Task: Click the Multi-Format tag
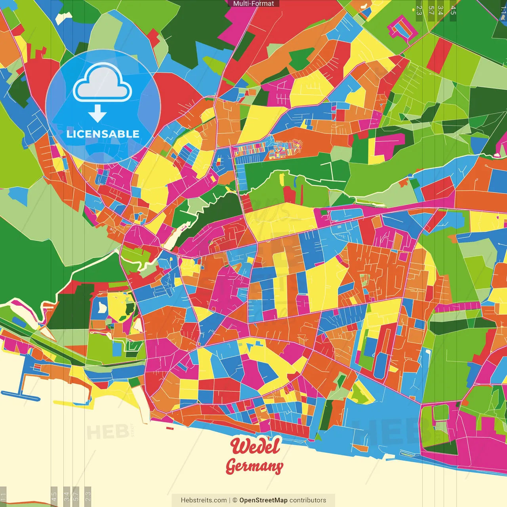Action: coord(253,4)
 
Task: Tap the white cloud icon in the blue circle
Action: coord(103,83)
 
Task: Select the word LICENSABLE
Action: coord(103,134)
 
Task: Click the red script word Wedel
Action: coord(255,446)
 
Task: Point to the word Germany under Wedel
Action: coord(254,466)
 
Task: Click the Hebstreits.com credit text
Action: coord(204,500)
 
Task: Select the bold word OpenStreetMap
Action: coord(263,500)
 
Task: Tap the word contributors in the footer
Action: coord(308,500)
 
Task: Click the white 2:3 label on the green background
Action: coord(419,10)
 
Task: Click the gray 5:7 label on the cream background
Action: coord(76,496)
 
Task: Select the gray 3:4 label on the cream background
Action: coord(67,496)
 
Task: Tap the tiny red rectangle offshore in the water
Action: coord(170,428)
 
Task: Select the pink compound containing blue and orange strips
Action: coord(403,27)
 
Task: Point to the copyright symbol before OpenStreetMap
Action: coord(235,500)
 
